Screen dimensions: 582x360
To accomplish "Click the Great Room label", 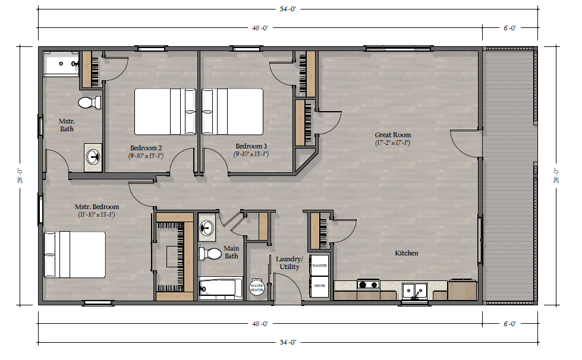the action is (393, 135).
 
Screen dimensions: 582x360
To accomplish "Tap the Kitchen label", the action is (407, 253).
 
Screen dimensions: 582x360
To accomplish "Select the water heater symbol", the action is (256, 288).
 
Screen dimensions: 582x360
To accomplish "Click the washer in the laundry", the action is (319, 266).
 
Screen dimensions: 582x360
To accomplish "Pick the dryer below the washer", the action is (319, 286).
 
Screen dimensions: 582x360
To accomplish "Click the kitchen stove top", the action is (369, 285).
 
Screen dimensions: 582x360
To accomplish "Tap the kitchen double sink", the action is (415, 290).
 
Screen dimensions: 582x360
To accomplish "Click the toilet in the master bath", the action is (89, 102).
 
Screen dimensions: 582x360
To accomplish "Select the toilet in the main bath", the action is (210, 254).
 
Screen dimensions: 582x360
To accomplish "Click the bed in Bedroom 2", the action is (165, 111).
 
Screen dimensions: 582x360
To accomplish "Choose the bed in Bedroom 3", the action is (232, 111).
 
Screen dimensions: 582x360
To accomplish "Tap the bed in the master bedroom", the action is (74, 255).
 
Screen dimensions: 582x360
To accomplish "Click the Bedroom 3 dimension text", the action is (251, 154).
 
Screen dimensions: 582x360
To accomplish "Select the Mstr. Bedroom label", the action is (97, 207).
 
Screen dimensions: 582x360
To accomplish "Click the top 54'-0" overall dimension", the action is (288, 9).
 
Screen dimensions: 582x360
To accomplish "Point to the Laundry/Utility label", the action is (289, 263).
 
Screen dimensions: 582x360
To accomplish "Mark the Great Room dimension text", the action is (393, 143).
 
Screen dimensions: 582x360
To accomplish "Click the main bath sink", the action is (206, 226).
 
